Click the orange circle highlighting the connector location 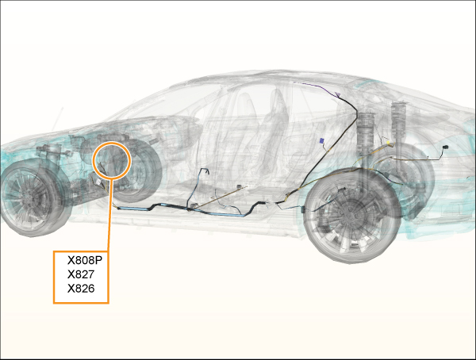click(112, 159)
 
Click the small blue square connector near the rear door click(321, 141)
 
